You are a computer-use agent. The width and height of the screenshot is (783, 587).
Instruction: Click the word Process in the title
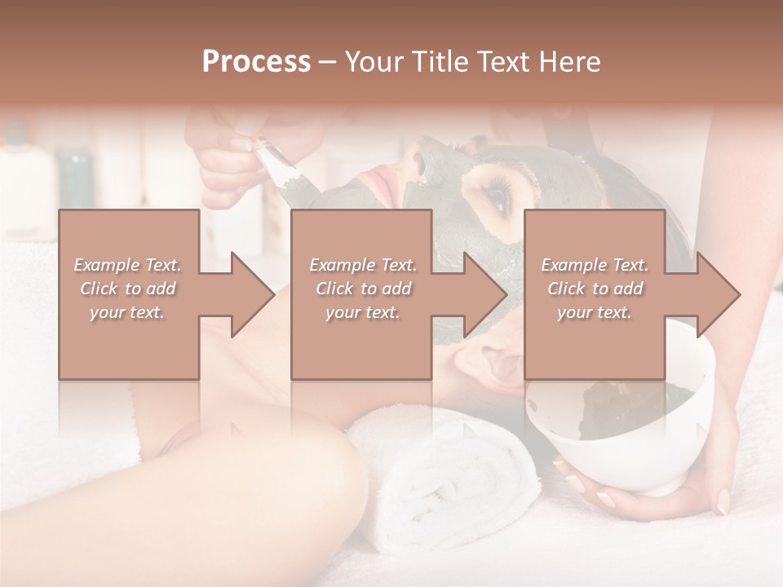256,61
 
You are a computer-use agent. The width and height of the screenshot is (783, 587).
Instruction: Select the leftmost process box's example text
128,289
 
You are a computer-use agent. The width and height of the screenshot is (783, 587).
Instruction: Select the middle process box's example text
362,289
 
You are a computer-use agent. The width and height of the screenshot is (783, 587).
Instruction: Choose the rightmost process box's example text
595,289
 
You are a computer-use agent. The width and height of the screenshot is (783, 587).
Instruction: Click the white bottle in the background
24,179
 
